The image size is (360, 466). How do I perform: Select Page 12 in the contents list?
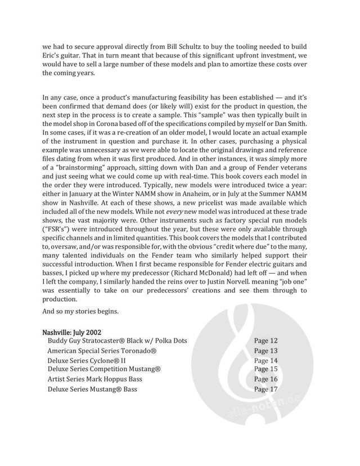click(x=265, y=341)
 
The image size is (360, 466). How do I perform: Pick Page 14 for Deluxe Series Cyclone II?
click(x=265, y=361)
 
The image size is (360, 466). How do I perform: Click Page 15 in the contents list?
click(x=265, y=369)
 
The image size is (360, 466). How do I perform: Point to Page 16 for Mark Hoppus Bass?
click(x=265, y=379)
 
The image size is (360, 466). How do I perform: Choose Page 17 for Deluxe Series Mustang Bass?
click(x=265, y=389)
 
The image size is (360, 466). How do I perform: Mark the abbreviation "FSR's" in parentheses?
click(x=56, y=227)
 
